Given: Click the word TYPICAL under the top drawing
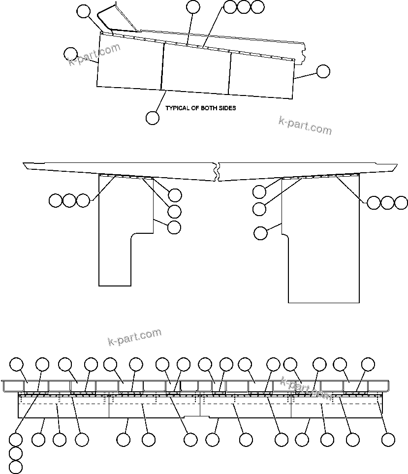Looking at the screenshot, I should tap(177, 108).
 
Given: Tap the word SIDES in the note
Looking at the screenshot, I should tap(226, 108).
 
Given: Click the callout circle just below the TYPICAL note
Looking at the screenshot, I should tap(153, 118).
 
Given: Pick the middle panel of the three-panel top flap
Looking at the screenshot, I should tap(196, 69).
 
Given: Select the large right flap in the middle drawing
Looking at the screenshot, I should tap(322, 246).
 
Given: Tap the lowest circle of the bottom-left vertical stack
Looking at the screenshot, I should tap(16, 467).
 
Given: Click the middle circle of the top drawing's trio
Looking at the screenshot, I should tap(244, 7).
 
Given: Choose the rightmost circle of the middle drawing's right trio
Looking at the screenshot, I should tap(402, 202).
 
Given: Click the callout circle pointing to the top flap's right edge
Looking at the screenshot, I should tap(323, 71).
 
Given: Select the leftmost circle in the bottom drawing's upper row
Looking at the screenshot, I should tap(17, 364).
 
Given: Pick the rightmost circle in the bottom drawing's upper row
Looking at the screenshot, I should tap(368, 364).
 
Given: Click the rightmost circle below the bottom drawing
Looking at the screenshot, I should tap(389, 440).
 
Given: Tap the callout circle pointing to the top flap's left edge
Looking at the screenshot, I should tap(71, 54).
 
